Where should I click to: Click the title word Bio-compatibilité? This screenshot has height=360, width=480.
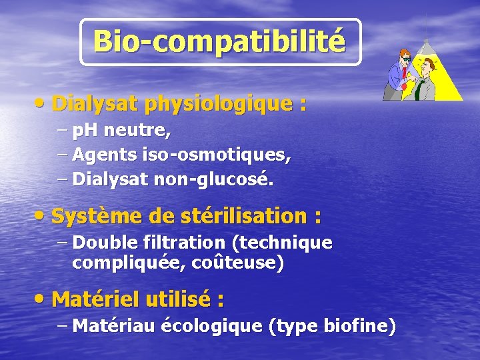220,41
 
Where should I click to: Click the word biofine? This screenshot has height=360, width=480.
359,326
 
